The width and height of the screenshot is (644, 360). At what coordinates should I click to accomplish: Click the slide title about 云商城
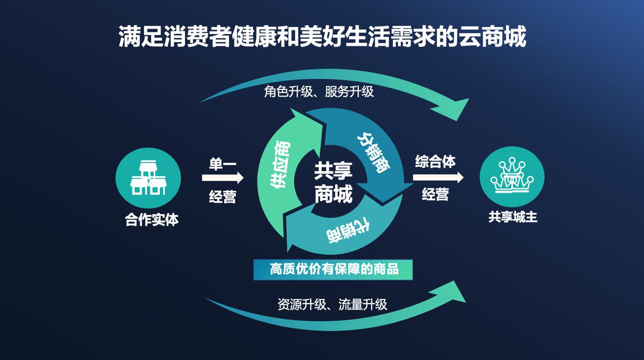pyautogui.click(x=322, y=37)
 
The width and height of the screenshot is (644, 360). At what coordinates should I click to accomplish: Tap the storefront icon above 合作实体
pyautogui.click(x=148, y=178)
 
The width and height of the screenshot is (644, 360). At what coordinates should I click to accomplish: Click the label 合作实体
pyautogui.click(x=152, y=220)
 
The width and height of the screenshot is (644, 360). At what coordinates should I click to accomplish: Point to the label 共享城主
pyautogui.click(x=513, y=217)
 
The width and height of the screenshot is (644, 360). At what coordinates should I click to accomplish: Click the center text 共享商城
pyautogui.click(x=333, y=183)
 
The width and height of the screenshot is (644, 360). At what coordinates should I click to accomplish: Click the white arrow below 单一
pyautogui.click(x=223, y=178)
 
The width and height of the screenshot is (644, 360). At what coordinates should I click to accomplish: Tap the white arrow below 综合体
pyautogui.click(x=438, y=177)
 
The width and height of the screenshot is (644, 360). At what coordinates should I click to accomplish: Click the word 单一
pyautogui.click(x=222, y=164)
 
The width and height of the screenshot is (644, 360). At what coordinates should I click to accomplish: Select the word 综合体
pyautogui.click(x=435, y=161)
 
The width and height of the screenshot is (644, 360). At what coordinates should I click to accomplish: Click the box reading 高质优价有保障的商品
pyautogui.click(x=333, y=270)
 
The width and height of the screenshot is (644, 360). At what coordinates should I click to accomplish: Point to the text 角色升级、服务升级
pyautogui.click(x=319, y=92)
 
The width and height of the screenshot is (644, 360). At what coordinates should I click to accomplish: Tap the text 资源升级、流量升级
pyautogui.click(x=332, y=304)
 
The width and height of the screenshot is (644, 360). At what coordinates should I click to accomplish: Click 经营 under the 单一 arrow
pyautogui.click(x=222, y=197)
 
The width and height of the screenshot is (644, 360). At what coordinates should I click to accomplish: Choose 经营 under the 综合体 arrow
pyautogui.click(x=435, y=194)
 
